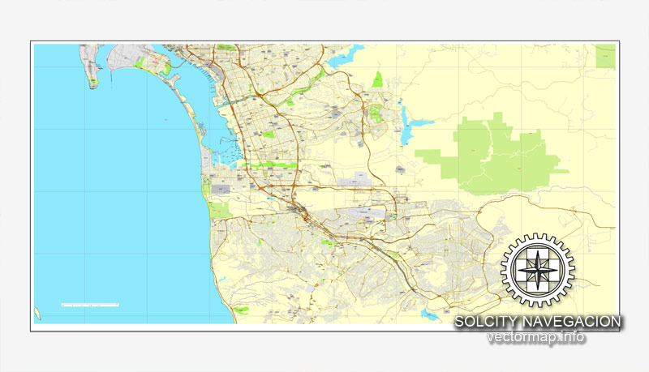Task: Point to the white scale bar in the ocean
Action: [x=91, y=306]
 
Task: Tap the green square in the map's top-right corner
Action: [x=605, y=55]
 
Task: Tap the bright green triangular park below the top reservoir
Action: [x=377, y=79]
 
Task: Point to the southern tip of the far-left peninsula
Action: [x=94, y=85]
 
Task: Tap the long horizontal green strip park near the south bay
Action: [x=268, y=165]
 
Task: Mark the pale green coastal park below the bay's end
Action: [x=220, y=209]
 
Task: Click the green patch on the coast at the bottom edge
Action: [x=243, y=309]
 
